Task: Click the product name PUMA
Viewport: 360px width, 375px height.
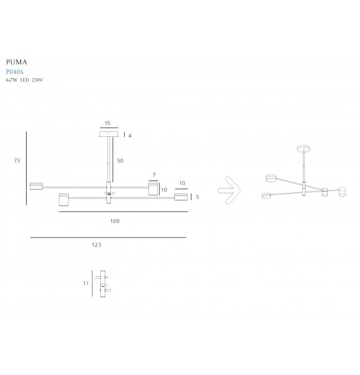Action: (17, 62)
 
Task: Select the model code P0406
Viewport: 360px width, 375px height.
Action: (15, 72)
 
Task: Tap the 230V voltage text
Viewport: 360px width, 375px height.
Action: (37, 80)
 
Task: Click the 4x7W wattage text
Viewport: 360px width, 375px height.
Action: (12, 80)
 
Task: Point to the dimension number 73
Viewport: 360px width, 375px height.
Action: (17, 161)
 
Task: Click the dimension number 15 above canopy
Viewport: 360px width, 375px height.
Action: (107, 123)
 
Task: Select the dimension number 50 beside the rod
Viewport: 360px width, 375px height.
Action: (120, 161)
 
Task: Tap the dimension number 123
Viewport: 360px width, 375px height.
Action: (96, 245)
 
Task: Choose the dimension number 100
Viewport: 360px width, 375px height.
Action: (115, 221)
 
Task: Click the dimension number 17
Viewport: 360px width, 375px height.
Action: (86, 284)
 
